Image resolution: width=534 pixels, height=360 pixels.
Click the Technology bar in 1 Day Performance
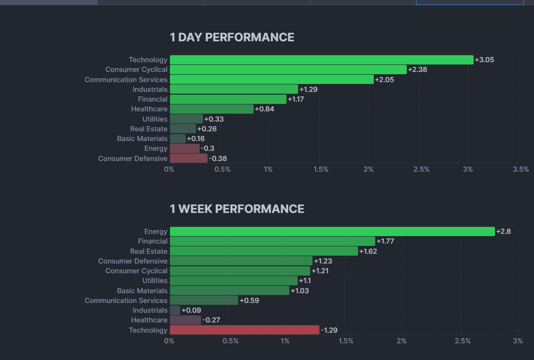pyautogui.click(x=321, y=60)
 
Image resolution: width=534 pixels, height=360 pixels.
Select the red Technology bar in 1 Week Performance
pyautogui.click(x=244, y=330)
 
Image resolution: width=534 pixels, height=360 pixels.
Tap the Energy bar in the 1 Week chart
pyautogui.click(x=332, y=231)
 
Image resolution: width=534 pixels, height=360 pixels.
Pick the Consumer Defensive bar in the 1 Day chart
pyautogui.click(x=189, y=158)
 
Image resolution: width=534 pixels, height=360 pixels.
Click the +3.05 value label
pyautogui.click(x=484, y=60)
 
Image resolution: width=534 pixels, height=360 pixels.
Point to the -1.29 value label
pyautogui.click(x=329, y=330)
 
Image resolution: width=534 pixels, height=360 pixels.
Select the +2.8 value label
pyautogui.click(x=503, y=231)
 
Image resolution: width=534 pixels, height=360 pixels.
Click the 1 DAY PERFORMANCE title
pyautogui.click(x=232, y=37)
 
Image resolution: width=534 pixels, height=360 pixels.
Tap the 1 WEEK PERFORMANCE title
pyautogui.click(x=237, y=209)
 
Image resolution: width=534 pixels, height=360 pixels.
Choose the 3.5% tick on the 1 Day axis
pyautogui.click(x=521, y=169)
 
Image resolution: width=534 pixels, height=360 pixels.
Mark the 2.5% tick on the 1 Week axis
pyautogui.click(x=462, y=341)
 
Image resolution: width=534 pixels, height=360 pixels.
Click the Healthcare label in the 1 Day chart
pyautogui.click(x=149, y=109)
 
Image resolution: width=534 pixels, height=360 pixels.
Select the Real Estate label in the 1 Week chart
pyautogui.click(x=149, y=251)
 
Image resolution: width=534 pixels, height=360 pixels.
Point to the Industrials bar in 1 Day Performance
pyautogui.click(x=234, y=89)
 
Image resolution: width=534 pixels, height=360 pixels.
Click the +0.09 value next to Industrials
pyautogui.click(x=191, y=310)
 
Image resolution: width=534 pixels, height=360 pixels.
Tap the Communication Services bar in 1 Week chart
pyautogui.click(x=204, y=300)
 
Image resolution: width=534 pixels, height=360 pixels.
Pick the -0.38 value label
pyautogui.click(x=218, y=159)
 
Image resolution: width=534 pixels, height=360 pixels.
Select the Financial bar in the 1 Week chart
pyautogui.click(x=272, y=241)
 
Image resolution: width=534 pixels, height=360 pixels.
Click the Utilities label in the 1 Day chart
pyautogui.click(x=155, y=119)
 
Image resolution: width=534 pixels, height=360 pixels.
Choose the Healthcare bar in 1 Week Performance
pyautogui.click(x=185, y=320)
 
